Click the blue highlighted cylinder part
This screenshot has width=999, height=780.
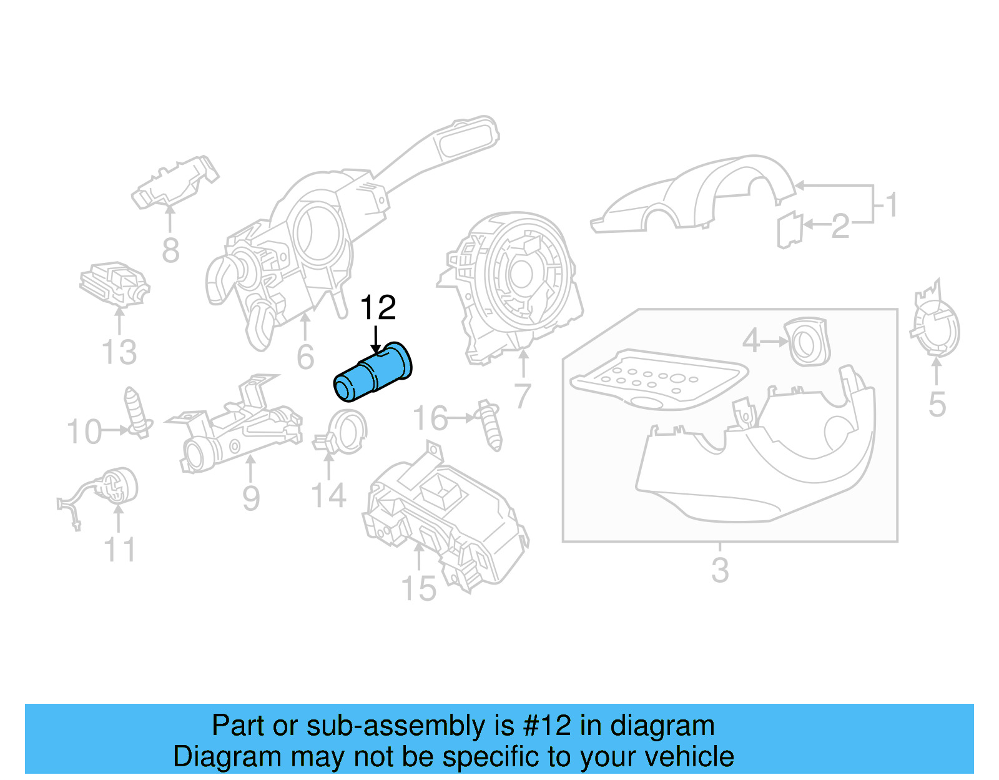(373, 372)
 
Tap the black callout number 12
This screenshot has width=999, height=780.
(378, 308)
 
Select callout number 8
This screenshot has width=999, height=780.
(170, 250)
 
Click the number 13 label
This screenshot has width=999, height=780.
(119, 352)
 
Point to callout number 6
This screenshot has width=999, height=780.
(305, 357)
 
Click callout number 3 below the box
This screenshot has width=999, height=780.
(720, 570)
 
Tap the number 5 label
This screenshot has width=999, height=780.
(937, 405)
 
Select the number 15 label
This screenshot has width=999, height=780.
(418, 589)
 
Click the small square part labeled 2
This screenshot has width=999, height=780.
(789, 230)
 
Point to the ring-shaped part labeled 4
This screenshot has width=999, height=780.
(809, 342)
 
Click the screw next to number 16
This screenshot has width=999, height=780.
(490, 425)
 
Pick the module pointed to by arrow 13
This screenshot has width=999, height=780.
(114, 284)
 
